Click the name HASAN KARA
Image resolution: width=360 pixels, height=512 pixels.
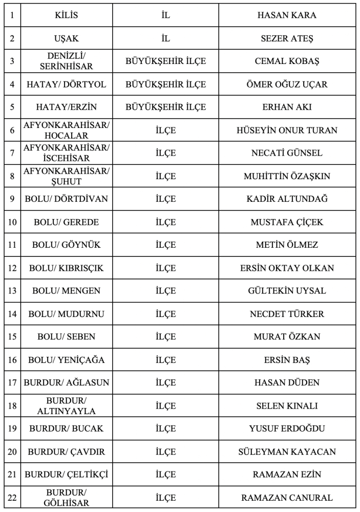coord(287,15)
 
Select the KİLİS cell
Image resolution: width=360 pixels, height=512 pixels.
coord(67,15)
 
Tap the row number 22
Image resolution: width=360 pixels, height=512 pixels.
coord(12,498)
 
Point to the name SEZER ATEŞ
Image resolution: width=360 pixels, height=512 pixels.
coord(287,38)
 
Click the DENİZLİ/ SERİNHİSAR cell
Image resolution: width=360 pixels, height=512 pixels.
coord(67,61)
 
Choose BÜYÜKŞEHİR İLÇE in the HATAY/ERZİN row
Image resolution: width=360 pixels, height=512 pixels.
coord(165,108)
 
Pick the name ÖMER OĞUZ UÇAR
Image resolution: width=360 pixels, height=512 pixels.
coord(287,84)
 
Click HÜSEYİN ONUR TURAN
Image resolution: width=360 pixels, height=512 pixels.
coord(287,130)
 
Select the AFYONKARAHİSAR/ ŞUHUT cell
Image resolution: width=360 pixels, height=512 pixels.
coord(67,176)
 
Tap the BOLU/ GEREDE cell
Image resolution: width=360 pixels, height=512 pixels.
coord(67,222)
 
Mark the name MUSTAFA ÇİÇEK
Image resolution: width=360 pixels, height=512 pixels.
coord(287,222)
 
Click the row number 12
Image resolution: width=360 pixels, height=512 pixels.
coord(12,268)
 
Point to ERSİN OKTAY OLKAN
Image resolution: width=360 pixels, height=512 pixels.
coord(287,268)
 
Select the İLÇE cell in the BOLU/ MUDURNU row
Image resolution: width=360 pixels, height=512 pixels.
coord(165,314)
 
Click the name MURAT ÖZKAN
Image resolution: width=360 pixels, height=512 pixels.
coord(287,337)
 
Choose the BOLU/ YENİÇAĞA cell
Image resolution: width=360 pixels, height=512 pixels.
coord(67,360)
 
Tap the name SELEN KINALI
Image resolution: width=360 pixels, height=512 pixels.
coord(287,406)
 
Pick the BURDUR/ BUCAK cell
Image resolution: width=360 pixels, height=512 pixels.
coord(67,429)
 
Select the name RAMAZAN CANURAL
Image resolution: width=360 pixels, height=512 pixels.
coord(287,498)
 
